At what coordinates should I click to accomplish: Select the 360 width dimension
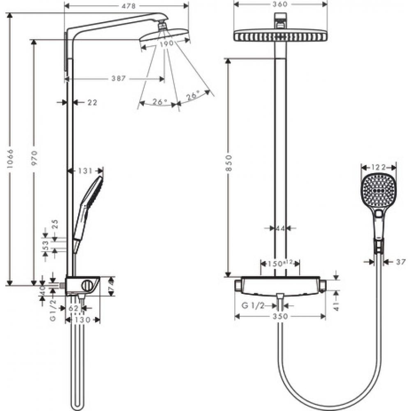(281, 5)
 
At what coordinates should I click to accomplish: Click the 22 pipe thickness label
(92, 102)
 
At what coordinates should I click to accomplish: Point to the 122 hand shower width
(379, 167)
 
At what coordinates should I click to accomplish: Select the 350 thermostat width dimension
(280, 316)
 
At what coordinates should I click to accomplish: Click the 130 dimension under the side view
(82, 319)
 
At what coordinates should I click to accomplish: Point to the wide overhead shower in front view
(281, 36)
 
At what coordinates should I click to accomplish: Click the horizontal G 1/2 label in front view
(253, 305)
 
